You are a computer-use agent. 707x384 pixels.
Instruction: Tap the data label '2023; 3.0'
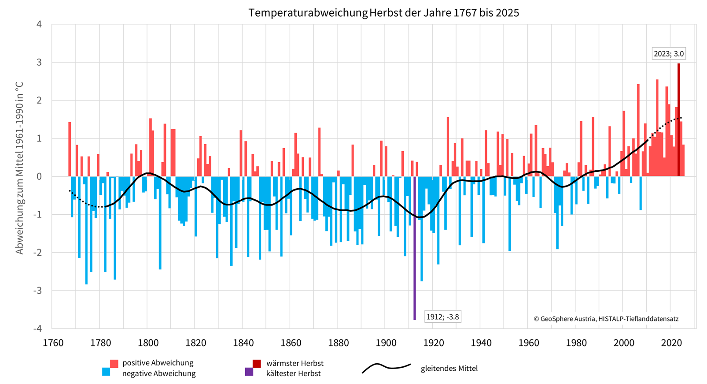(x=668, y=54)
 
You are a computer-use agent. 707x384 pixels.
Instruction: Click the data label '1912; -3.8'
(x=442, y=317)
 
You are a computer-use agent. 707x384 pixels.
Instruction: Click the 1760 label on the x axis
(x=53, y=343)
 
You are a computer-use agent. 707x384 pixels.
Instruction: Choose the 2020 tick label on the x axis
(x=671, y=343)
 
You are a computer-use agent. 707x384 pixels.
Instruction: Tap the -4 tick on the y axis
(x=39, y=328)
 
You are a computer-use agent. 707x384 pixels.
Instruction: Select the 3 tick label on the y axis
(x=40, y=62)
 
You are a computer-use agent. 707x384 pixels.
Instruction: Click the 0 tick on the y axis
(x=40, y=176)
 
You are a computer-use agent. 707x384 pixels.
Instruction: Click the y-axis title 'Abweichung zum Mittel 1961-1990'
(x=19, y=168)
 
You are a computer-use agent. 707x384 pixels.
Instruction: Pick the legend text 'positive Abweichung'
(x=158, y=363)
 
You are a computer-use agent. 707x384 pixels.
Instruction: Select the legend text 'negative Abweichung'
(x=158, y=373)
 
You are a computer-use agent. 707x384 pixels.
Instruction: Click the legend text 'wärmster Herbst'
(x=295, y=363)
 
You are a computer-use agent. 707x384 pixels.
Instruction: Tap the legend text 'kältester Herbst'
(x=293, y=373)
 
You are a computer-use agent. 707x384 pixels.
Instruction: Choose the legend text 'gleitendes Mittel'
(x=449, y=368)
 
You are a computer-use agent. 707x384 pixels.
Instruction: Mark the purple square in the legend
(x=249, y=372)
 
